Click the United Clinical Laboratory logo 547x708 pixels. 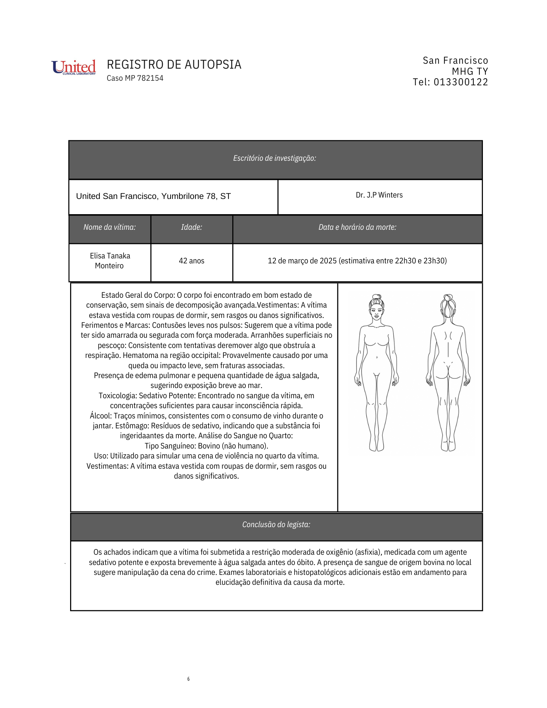pos(74,67)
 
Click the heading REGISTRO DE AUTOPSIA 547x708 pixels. pos(174,65)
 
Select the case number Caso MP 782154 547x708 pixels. pos(135,78)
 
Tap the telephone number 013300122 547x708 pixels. pos(461,82)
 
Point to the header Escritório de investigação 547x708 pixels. pos(274,158)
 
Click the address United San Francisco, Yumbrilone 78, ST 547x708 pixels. pos(153,196)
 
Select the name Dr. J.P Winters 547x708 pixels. pos(379,195)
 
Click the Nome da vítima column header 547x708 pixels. pos(109,227)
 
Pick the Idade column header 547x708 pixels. pos(192,227)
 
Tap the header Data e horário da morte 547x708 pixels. pos(357,227)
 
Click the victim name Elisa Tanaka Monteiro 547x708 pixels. pos(110,261)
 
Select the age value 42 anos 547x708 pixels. pos(192,261)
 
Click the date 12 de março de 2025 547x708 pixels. pos(302,261)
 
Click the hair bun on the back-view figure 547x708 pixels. pos(448,298)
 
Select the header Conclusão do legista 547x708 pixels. pos(276,525)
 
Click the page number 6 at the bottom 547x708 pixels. pos(188,679)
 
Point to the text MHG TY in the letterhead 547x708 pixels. pos(470,72)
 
